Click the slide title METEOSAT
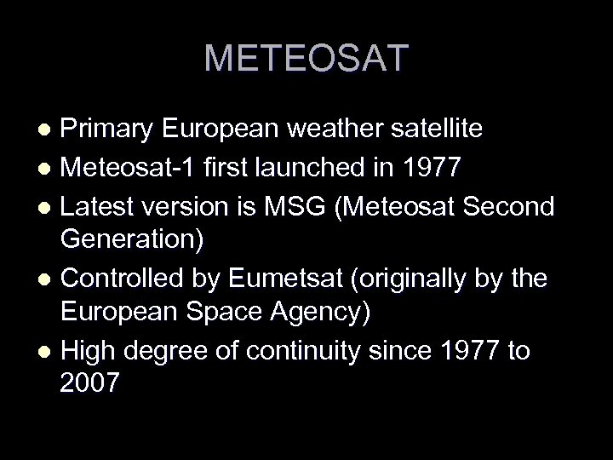click(x=306, y=59)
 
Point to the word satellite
click(x=437, y=129)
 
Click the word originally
click(x=417, y=279)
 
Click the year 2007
click(x=90, y=385)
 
